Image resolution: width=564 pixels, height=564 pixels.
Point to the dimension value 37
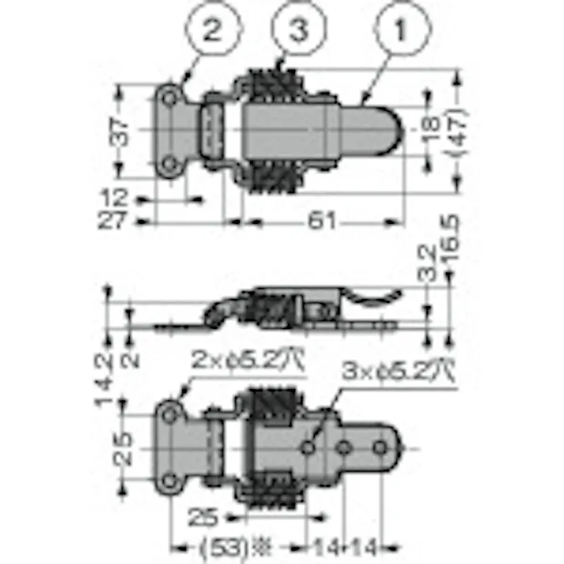pos(119,131)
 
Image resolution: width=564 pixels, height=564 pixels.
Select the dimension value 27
pos(115,220)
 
